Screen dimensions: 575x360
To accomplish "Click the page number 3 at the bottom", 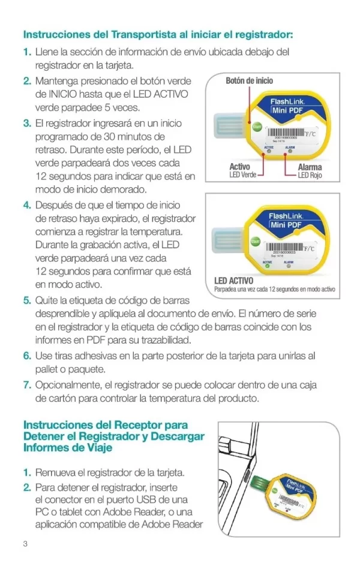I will click(25, 544).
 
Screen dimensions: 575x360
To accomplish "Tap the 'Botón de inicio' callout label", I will click(249, 80).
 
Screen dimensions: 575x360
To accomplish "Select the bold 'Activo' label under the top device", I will click(240, 167).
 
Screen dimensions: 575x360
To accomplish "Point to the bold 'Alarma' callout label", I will click(310, 167).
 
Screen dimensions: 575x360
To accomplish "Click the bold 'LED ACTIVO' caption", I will click(233, 281).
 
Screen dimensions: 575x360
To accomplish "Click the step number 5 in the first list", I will click(26, 300).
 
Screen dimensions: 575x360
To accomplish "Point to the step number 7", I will click(26, 384).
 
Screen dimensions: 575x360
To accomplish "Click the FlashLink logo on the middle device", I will click(289, 216).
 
